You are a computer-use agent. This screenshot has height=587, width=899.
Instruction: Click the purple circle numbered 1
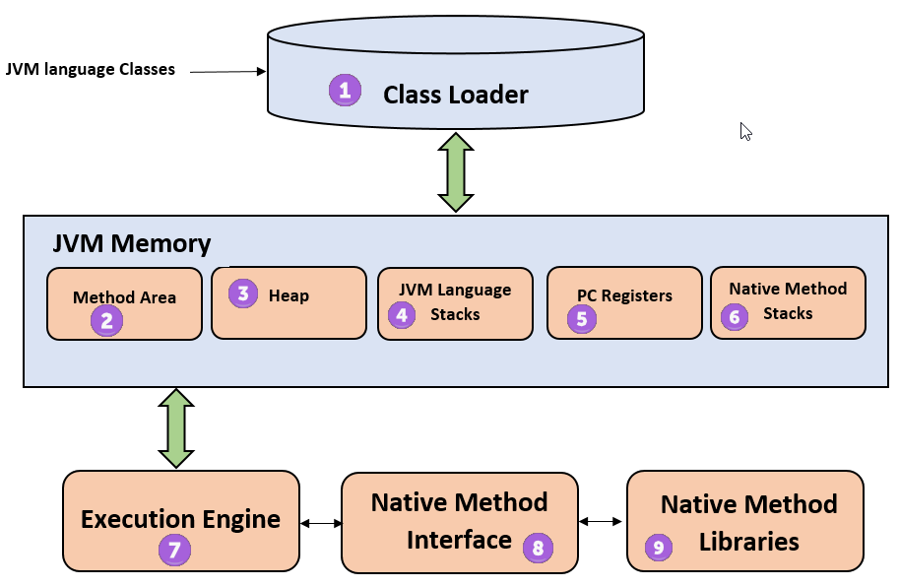[345, 91]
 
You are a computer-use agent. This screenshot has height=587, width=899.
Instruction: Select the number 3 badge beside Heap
[244, 293]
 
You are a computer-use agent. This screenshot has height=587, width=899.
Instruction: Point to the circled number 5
[582, 318]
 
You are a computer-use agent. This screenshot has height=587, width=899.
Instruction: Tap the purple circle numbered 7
[174, 550]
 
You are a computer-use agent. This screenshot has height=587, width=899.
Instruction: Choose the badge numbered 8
[538, 547]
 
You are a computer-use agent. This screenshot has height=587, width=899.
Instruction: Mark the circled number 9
[659, 547]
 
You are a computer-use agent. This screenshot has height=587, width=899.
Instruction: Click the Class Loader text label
[456, 95]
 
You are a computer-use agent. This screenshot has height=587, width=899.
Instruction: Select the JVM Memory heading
[132, 243]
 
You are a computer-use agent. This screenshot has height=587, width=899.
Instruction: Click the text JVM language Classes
[91, 69]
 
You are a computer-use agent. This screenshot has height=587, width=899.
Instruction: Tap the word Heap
[289, 295]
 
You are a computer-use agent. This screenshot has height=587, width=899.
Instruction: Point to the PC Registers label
[624, 295]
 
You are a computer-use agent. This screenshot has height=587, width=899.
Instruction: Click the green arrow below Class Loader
[456, 171]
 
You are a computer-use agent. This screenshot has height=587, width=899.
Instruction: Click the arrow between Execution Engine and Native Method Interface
[320, 523]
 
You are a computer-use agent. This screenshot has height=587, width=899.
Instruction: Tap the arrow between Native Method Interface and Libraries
[602, 522]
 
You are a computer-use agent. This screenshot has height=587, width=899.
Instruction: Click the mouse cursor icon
[746, 131]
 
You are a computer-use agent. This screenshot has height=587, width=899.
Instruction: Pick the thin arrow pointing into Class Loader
[227, 72]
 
